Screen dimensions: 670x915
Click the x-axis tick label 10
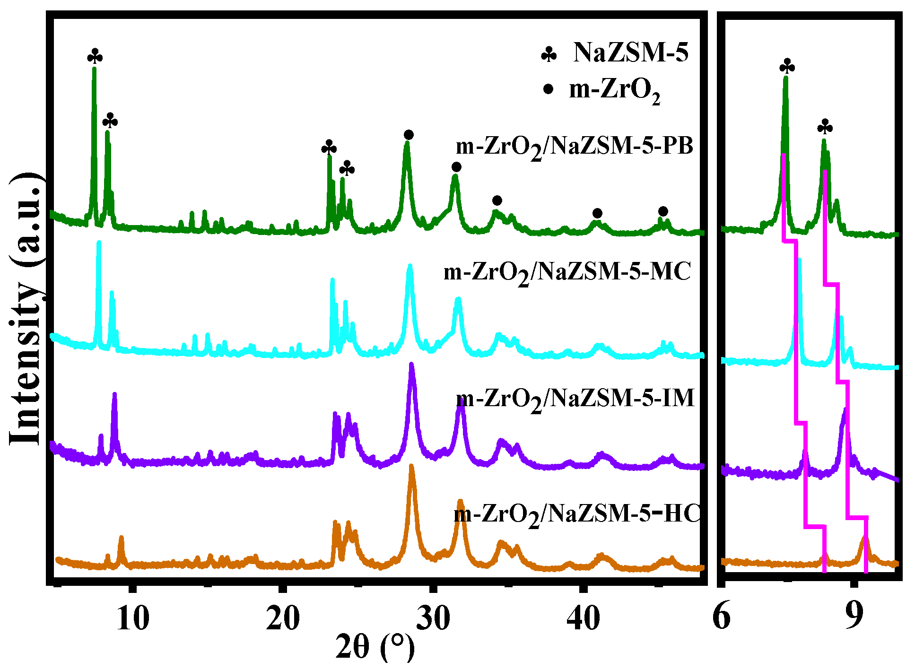click(x=133, y=618)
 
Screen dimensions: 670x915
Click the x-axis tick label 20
click(x=283, y=618)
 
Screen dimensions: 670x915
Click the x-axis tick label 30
click(x=433, y=618)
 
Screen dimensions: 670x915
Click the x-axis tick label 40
click(x=584, y=618)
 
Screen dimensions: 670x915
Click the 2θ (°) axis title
click(x=375, y=647)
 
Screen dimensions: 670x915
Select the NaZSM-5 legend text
click(x=631, y=52)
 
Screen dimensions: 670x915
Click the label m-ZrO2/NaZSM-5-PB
click(x=574, y=147)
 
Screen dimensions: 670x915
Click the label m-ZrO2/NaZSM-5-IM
click(x=575, y=399)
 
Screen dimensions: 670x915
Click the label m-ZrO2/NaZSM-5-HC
click(x=577, y=514)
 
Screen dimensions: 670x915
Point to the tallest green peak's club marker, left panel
click(x=95, y=56)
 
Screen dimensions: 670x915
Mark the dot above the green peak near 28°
click(x=409, y=135)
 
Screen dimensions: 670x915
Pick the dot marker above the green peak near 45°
click(x=663, y=211)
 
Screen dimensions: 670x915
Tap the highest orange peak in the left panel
click(x=411, y=468)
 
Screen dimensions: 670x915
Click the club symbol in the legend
click(x=549, y=55)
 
